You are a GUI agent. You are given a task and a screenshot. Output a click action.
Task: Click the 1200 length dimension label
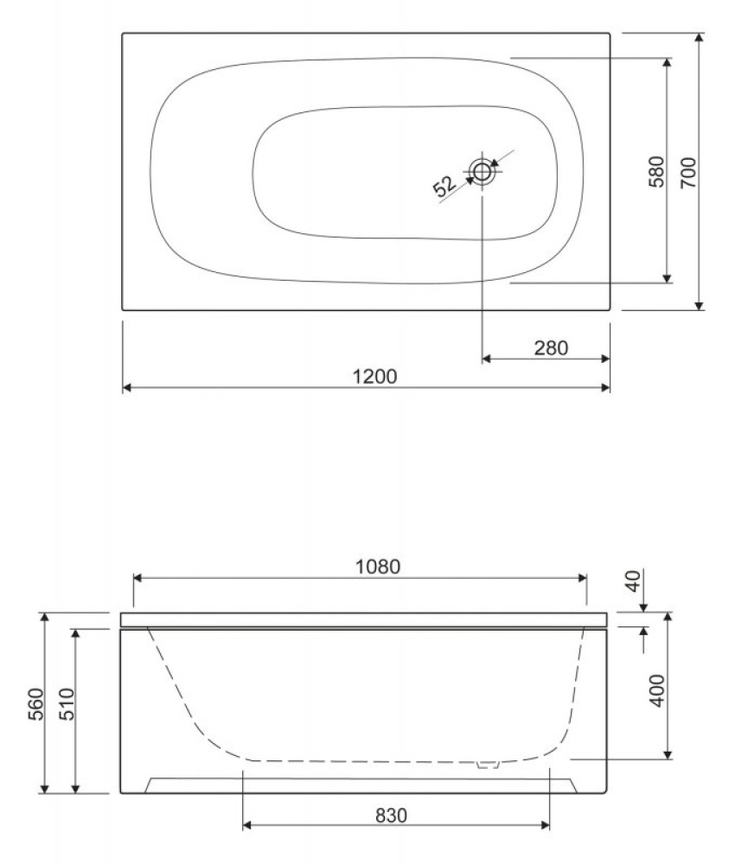375,377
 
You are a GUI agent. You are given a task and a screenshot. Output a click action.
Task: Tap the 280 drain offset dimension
550,347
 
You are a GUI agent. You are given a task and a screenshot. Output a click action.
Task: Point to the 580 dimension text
656,172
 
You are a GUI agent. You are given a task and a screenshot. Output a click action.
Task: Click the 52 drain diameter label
444,185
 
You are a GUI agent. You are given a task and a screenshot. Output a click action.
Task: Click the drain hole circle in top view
482,171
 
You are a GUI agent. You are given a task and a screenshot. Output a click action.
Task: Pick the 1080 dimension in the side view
378,567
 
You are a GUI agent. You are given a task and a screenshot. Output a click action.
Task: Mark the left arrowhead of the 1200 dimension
126,388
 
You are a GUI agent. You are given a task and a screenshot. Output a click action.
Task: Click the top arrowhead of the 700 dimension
700,38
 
